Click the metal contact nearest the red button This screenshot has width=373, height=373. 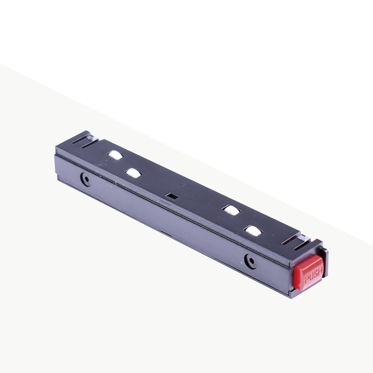253,230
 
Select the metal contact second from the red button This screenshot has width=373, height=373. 231,210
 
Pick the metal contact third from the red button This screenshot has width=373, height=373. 133,173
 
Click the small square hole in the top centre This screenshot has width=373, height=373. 172,196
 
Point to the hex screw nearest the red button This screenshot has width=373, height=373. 251,261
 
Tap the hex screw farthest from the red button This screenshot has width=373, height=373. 86,180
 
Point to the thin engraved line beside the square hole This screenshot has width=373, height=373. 164,201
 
